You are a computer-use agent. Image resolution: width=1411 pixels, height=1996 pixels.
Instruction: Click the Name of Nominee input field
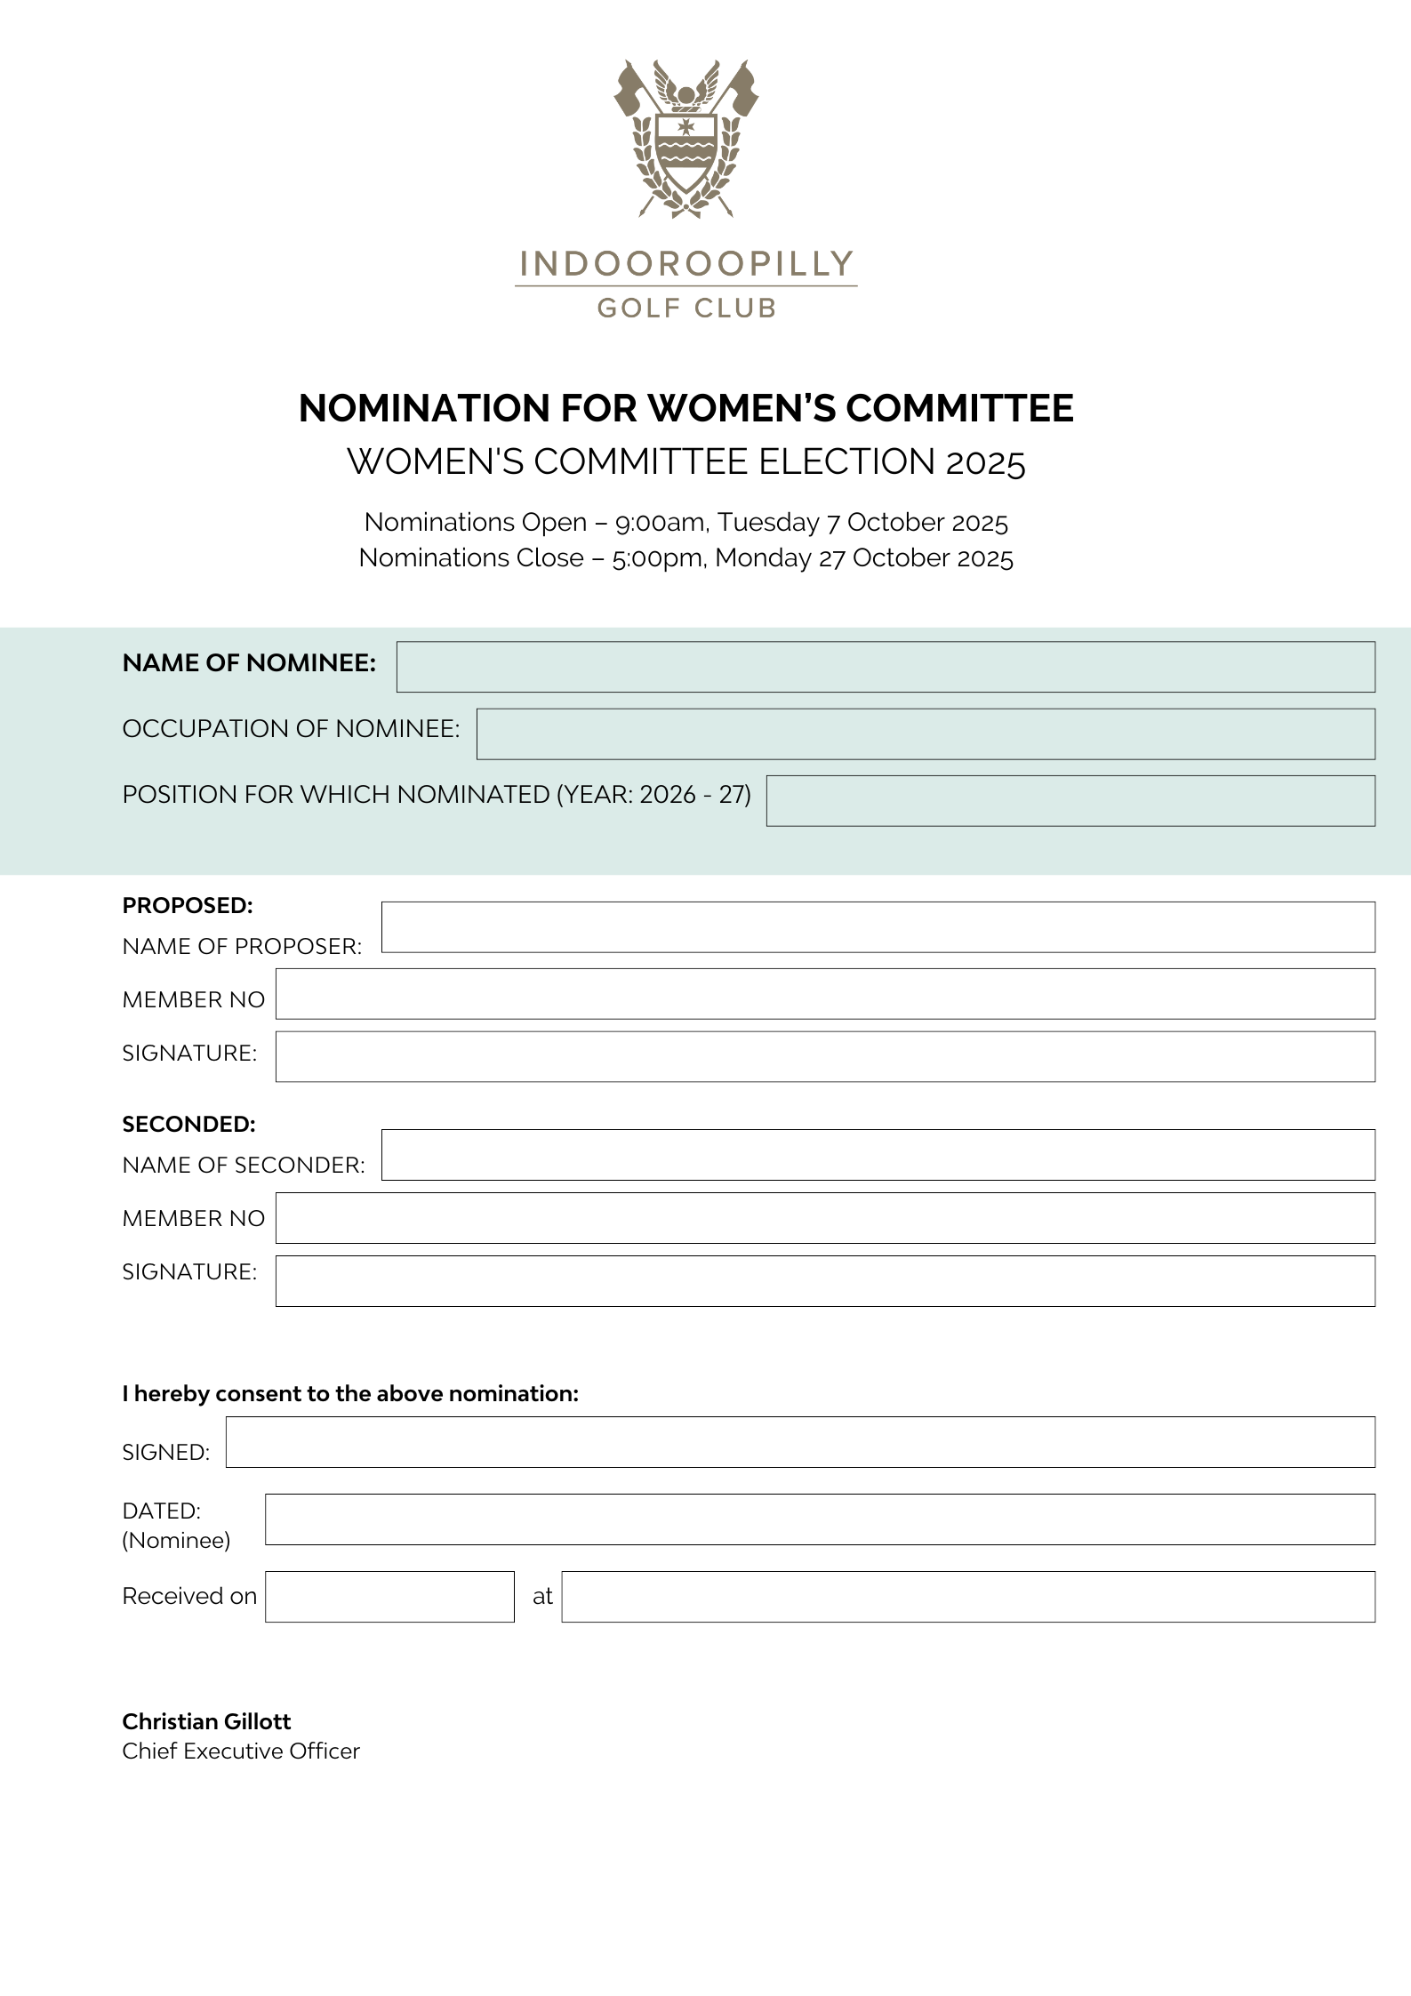tap(885, 667)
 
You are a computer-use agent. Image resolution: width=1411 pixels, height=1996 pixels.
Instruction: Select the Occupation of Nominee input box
tap(925, 733)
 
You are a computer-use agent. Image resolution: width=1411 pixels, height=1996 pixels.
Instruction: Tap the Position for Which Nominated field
tap(1070, 800)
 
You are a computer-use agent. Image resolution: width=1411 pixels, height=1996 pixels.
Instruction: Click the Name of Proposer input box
tap(878, 926)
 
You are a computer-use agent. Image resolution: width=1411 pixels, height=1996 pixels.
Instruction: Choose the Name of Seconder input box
tap(878, 1154)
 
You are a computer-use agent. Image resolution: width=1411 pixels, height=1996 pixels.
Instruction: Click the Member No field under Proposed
tap(824, 993)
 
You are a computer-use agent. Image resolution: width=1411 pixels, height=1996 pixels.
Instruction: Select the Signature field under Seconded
tap(824, 1280)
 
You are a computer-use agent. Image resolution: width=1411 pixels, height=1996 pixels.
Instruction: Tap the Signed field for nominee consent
tap(799, 1441)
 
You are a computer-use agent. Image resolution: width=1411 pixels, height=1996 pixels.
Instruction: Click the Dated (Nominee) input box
tap(819, 1519)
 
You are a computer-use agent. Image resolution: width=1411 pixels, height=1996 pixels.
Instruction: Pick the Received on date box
tap(389, 1596)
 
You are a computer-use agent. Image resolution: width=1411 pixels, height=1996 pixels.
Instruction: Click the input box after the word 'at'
tap(967, 1596)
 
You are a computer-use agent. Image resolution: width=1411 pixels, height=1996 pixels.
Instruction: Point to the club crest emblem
tap(685, 138)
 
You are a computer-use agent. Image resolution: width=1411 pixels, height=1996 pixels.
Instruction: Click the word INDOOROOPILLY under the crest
tap(685, 264)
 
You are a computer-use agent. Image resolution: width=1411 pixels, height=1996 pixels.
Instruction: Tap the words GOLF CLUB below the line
tap(685, 308)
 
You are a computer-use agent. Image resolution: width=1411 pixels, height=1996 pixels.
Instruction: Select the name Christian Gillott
tap(206, 1721)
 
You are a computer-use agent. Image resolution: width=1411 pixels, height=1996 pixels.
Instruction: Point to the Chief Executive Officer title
tap(241, 1751)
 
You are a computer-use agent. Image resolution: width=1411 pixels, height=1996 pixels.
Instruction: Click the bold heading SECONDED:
tap(188, 1124)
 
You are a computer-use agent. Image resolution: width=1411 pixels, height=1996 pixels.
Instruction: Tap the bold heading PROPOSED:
tap(188, 905)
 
